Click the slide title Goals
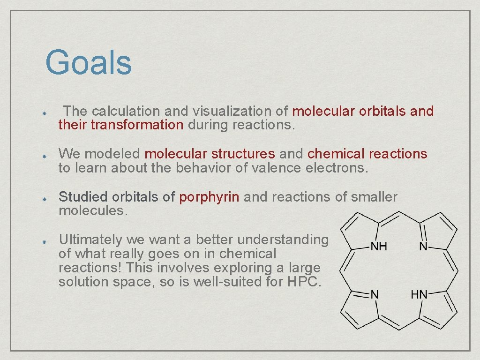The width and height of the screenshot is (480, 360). (x=89, y=63)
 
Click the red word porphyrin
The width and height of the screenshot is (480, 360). (x=210, y=197)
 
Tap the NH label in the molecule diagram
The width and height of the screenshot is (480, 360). (x=379, y=246)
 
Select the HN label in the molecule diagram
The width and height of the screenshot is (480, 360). (x=419, y=295)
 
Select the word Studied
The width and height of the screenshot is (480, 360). (x=82, y=197)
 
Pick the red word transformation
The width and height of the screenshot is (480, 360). (x=137, y=125)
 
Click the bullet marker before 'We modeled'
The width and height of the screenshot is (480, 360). (x=42, y=155)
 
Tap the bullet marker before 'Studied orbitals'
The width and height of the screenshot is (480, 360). (x=42, y=199)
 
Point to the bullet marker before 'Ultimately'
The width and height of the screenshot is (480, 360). (x=42, y=241)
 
